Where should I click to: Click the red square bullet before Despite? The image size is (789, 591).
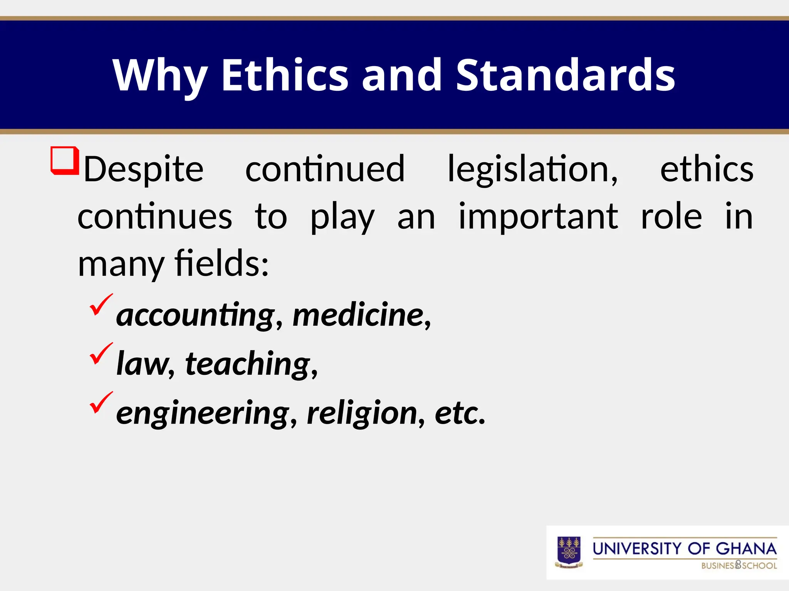pyautogui.click(x=64, y=160)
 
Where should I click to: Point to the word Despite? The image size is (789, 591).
pyautogui.click(x=143, y=170)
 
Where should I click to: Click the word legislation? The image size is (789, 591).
pyautogui.click(x=532, y=170)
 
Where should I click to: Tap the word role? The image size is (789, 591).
pyautogui.click(x=671, y=217)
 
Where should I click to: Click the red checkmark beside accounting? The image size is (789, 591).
pyautogui.click(x=101, y=304)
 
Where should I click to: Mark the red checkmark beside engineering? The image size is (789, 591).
pyautogui.click(x=101, y=402)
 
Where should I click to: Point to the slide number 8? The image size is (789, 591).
pyautogui.click(x=738, y=564)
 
